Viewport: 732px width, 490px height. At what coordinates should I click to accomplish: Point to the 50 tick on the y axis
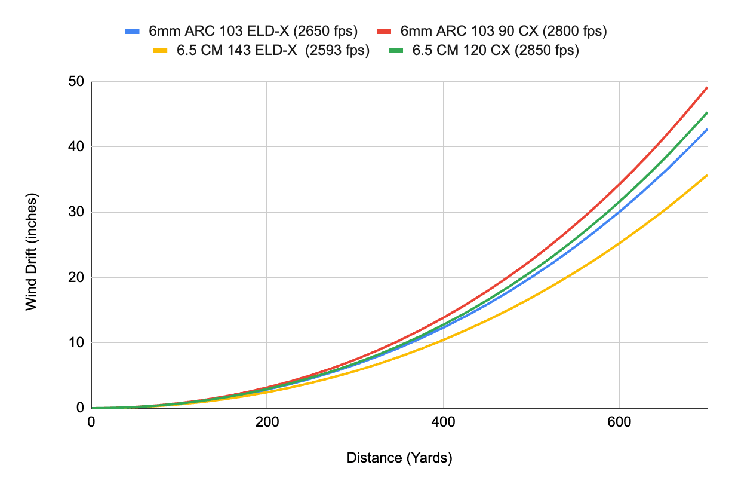[x=77, y=82]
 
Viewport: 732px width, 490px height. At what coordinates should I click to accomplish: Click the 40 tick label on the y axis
[x=77, y=147]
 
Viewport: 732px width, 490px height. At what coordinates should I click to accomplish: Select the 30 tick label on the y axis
[x=77, y=212]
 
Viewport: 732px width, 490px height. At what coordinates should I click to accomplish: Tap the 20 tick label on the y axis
[x=77, y=277]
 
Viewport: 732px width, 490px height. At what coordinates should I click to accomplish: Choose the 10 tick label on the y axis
[x=77, y=342]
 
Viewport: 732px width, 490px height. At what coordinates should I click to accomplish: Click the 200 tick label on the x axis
[x=266, y=421]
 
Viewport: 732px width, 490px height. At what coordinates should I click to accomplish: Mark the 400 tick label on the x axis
[x=443, y=421]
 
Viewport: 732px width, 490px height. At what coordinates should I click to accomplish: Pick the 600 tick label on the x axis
[x=619, y=421]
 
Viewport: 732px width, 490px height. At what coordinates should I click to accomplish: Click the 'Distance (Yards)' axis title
[x=399, y=458]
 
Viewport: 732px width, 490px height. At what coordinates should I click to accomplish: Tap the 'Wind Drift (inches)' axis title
[x=31, y=251]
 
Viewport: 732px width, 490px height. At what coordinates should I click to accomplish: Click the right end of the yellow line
[x=707, y=175]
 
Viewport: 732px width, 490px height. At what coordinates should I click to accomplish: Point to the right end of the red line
[x=707, y=87]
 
